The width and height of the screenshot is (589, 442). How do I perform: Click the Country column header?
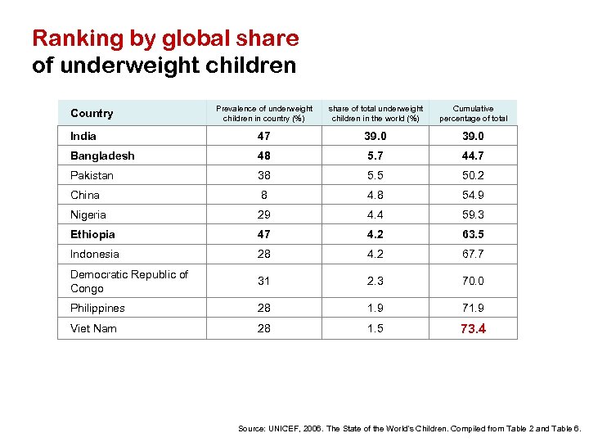(x=92, y=113)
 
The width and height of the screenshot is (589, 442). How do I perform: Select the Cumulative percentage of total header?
(x=473, y=113)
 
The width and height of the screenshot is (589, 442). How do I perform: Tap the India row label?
(x=83, y=136)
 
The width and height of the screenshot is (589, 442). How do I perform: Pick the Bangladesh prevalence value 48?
(x=263, y=156)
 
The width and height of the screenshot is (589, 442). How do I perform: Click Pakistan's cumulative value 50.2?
(x=473, y=175)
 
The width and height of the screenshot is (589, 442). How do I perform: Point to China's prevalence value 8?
(x=263, y=195)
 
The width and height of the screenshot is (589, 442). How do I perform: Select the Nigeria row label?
(x=88, y=214)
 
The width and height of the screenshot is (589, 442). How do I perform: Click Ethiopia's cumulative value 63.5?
(x=473, y=234)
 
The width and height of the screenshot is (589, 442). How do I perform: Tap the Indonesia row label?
(x=95, y=254)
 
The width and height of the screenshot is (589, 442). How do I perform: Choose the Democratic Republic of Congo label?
(x=128, y=281)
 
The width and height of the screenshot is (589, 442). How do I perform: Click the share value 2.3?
(x=375, y=281)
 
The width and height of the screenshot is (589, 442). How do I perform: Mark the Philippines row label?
(x=97, y=308)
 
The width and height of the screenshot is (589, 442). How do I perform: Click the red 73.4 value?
(x=473, y=328)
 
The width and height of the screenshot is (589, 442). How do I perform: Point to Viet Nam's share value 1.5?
(x=375, y=328)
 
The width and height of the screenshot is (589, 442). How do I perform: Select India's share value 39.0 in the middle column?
(x=375, y=136)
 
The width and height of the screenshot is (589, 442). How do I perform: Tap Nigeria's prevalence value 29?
(x=263, y=214)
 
